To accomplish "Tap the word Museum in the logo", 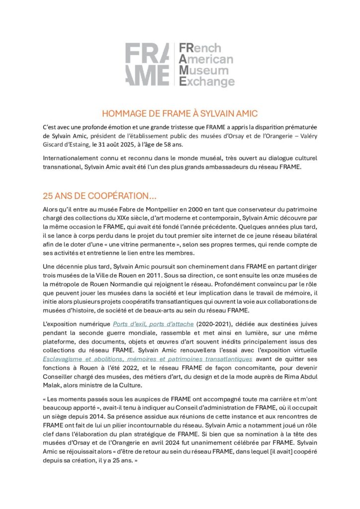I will (x=202, y=70).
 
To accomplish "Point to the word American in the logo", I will (x=205, y=59).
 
